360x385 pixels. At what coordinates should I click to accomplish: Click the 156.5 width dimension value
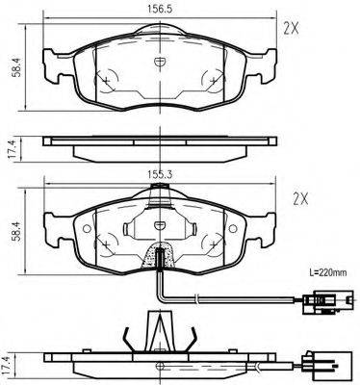click(160, 9)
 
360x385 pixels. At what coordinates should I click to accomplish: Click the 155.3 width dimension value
click(160, 174)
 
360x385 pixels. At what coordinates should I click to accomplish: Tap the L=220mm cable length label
click(328, 273)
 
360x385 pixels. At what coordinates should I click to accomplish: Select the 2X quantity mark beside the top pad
click(291, 30)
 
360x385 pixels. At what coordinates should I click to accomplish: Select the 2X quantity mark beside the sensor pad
click(300, 199)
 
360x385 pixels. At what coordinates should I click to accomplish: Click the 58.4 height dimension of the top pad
click(16, 67)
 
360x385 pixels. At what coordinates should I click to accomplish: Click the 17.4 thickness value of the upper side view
click(12, 149)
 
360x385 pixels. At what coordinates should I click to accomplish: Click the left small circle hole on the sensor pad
click(87, 229)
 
